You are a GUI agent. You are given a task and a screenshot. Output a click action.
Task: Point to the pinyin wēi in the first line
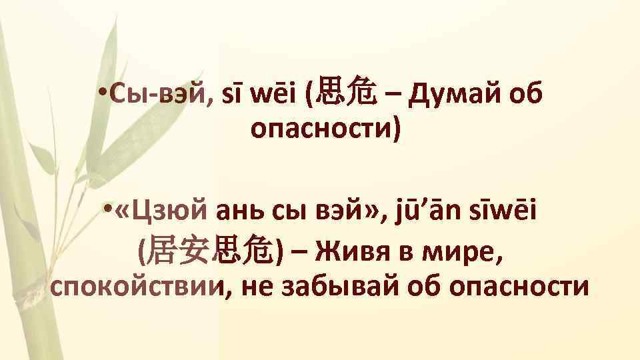(273, 99)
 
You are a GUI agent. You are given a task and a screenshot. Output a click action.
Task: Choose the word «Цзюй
(162, 215)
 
